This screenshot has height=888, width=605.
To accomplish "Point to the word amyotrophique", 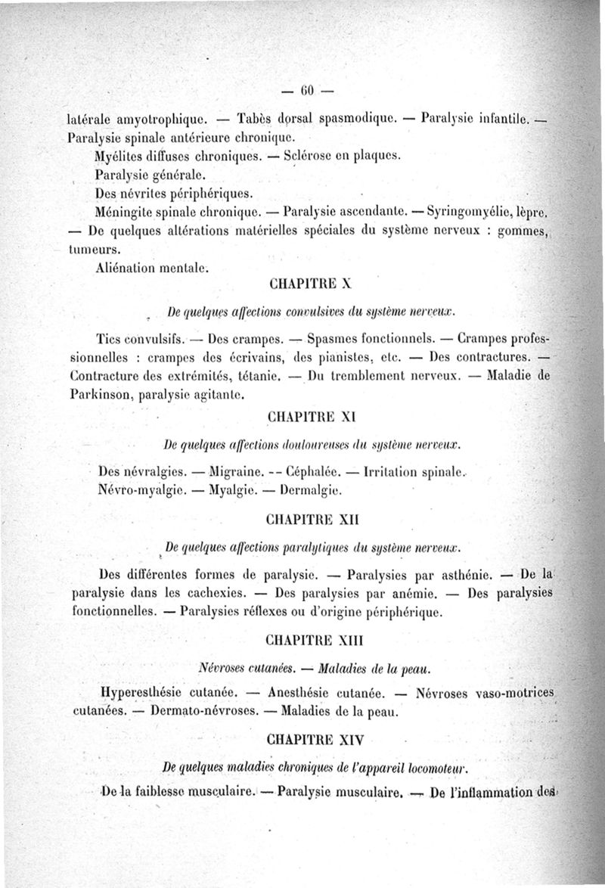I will point(159,119).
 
